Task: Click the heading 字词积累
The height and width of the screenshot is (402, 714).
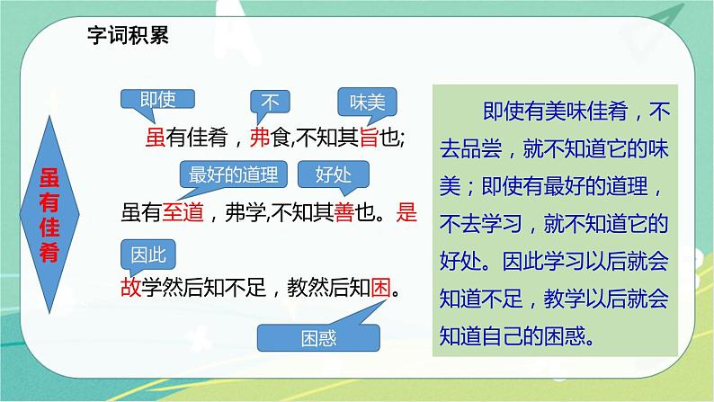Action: click(x=127, y=36)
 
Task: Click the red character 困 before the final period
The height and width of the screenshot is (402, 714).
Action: click(x=380, y=289)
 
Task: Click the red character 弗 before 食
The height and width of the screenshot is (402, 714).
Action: click(x=259, y=138)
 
